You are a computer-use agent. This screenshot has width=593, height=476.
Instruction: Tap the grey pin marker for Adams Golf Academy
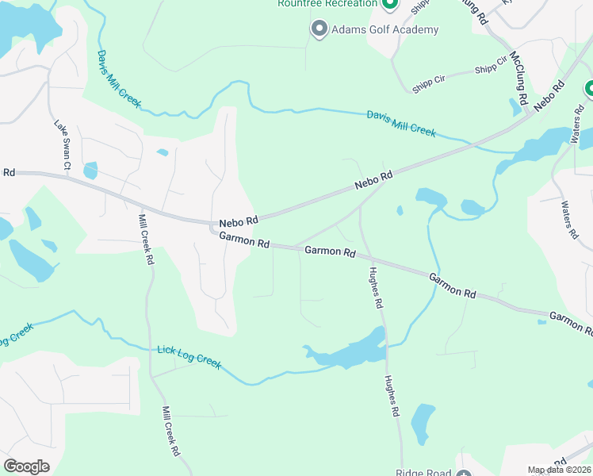319,29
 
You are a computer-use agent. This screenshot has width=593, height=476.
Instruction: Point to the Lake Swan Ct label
63,145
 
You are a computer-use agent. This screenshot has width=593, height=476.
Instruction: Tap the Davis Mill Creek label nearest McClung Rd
401,124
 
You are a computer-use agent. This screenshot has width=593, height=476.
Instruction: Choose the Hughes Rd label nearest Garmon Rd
376,286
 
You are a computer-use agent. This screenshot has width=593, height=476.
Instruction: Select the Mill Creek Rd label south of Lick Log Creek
170,431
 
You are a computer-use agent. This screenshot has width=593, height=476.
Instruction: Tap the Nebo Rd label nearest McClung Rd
549,95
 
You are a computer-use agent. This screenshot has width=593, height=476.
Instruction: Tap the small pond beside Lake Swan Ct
90,170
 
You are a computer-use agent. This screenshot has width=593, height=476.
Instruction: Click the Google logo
26,466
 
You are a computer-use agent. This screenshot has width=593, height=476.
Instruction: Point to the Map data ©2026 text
560,470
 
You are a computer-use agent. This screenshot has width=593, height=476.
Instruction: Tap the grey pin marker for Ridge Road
464,474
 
